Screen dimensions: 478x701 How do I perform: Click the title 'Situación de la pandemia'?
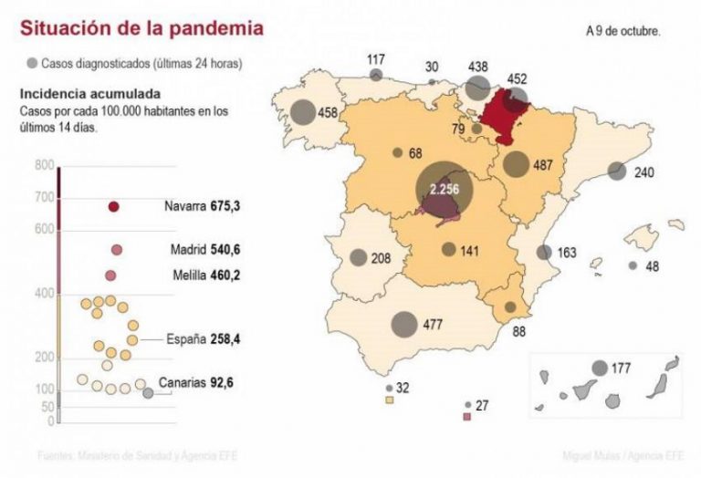pyautogui.click(x=141, y=28)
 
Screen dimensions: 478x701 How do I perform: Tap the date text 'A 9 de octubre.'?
pyautogui.click(x=623, y=30)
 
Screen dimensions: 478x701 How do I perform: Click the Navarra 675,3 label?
pyautogui.click(x=202, y=207)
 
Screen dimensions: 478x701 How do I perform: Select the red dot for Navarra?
pyautogui.click(x=114, y=207)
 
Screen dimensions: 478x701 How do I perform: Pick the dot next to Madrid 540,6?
pyautogui.click(x=117, y=250)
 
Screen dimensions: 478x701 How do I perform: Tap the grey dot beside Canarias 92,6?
pyautogui.click(x=148, y=393)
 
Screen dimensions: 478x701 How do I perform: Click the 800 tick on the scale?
pyautogui.click(x=45, y=165)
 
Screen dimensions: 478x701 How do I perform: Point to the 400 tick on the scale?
pyautogui.click(x=45, y=294)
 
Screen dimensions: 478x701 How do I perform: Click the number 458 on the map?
pyautogui.click(x=329, y=114)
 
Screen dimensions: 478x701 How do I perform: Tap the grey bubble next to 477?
pyautogui.click(x=404, y=324)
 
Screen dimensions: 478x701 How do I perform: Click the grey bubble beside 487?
pyautogui.click(x=516, y=165)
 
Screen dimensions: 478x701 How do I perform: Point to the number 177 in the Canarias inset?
pyautogui.click(x=621, y=369)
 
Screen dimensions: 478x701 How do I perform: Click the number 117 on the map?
pyautogui.click(x=376, y=60)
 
